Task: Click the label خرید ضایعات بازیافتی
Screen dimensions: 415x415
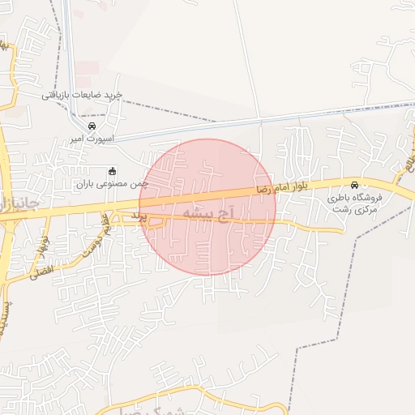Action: point(82,96)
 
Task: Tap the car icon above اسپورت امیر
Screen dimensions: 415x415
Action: point(92,126)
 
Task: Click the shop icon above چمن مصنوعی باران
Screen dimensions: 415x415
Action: point(112,171)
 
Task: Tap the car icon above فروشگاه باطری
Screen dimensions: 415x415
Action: point(354,184)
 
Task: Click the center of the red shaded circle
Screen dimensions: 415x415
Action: point(208,207)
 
